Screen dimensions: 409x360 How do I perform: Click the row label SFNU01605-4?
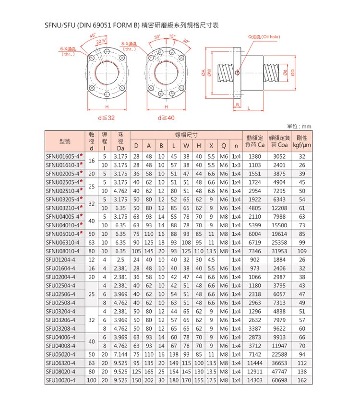(64, 156)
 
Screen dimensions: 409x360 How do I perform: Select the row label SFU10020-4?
(60, 380)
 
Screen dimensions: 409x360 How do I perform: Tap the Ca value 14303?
(254, 380)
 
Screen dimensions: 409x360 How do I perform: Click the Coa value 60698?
(279, 380)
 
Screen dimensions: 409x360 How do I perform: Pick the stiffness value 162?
(302, 380)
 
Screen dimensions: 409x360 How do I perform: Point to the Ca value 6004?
(254, 234)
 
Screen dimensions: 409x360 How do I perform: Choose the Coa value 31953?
(279, 251)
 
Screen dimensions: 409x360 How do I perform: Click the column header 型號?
(64, 141)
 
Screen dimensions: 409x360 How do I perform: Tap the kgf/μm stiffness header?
(302, 145)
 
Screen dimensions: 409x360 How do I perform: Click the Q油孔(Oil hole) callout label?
(264, 37)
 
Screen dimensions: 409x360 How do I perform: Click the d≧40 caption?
(166, 117)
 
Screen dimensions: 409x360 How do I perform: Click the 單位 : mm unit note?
(299, 126)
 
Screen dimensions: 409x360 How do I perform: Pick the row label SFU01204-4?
(60, 259)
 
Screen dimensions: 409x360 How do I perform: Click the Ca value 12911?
(254, 371)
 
